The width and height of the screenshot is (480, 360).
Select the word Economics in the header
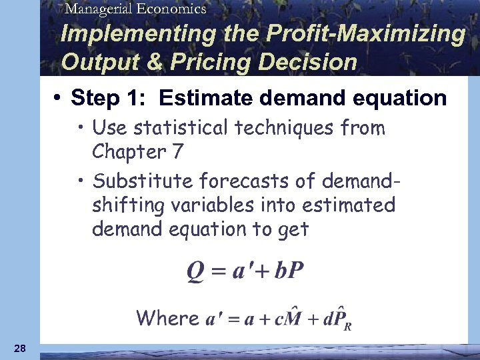click(x=169, y=8)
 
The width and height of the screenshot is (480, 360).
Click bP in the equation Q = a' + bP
click(x=288, y=271)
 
